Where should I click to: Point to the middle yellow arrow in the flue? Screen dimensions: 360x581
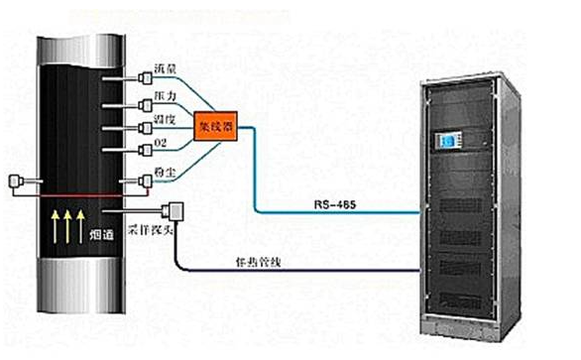click(x=69, y=225)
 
